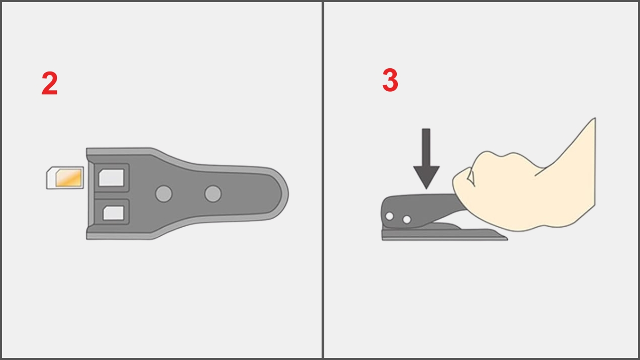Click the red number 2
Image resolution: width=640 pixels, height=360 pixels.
click(50, 84)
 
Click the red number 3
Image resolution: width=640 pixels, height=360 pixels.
click(390, 81)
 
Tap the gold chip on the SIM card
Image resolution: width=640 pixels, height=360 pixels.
click(69, 178)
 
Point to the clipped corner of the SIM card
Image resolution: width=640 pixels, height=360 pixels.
click(50, 171)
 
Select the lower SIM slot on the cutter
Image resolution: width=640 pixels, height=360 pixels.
click(113, 213)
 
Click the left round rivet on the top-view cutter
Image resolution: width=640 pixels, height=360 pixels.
click(164, 194)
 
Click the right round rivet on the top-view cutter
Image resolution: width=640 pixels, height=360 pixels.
click(213, 194)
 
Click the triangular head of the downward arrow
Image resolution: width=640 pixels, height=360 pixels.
click(426, 176)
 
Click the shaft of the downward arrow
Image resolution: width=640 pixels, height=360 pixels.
click(426, 147)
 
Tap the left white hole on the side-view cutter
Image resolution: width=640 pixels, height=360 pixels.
click(390, 216)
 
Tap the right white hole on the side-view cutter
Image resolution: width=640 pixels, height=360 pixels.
click(406, 219)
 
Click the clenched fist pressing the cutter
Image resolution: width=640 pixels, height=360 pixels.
click(491, 187)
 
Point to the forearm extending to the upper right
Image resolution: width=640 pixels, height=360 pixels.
click(571, 171)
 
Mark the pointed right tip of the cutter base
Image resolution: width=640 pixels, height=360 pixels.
click(505, 237)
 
